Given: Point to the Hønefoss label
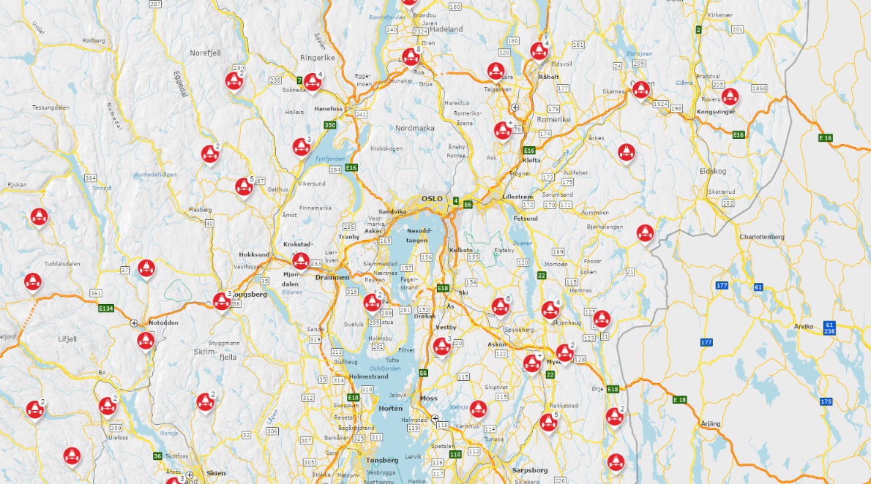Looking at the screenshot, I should click(x=328, y=108).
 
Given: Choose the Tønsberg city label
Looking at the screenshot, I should click(x=381, y=460).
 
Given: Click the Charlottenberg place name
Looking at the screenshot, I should click(x=762, y=237).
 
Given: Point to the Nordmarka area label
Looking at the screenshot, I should click(x=415, y=128).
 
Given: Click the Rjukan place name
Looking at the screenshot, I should click(x=16, y=184).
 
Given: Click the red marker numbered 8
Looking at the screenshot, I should click(x=410, y=56).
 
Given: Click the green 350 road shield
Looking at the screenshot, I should click(x=330, y=125).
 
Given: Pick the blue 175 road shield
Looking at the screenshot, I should click(x=826, y=401).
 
